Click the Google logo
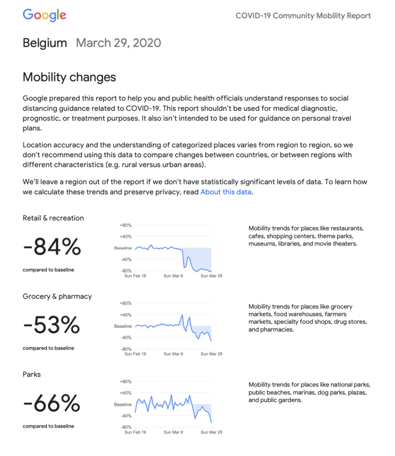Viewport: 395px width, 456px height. (44, 15)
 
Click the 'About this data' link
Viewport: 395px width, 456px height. (226, 192)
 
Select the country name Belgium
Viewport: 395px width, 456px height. (45, 43)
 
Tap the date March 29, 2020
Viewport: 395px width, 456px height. (118, 43)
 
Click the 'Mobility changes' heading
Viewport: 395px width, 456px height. (69, 77)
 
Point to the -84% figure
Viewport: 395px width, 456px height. (52, 248)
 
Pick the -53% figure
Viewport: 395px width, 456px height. (51, 326)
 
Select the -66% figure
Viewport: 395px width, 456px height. (51, 404)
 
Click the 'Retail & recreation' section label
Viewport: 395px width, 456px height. (53, 218)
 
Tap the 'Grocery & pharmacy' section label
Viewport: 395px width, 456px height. (57, 296)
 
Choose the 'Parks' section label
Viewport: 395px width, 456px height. (32, 374)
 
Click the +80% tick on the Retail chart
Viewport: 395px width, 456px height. (125, 225)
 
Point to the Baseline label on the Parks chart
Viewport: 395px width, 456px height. (123, 404)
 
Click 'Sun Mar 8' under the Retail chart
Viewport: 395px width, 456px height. (174, 276)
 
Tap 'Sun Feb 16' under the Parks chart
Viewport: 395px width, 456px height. (136, 432)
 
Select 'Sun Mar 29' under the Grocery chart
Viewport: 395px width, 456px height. (211, 354)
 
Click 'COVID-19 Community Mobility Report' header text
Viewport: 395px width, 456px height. (303, 15)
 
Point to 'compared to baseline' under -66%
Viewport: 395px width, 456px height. (48, 426)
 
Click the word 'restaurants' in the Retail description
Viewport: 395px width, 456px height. (346, 228)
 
